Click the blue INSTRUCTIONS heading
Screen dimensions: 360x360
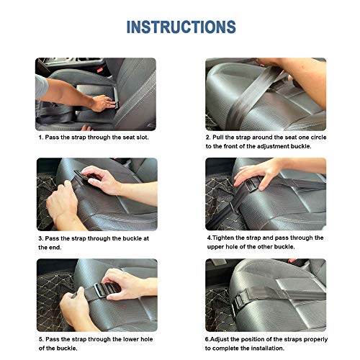tap(181, 27)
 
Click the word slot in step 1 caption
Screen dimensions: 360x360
tap(143, 138)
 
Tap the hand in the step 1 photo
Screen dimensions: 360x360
tap(103, 103)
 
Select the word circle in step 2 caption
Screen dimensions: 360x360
tap(318, 138)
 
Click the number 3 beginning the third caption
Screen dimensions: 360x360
tap(41, 238)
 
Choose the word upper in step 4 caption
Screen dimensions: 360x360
tap(215, 247)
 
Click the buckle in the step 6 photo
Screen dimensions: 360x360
tap(238, 303)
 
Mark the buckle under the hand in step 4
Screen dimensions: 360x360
tap(251, 185)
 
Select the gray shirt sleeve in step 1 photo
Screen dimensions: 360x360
tap(41, 86)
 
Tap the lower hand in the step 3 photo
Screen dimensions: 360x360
tap(63, 204)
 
